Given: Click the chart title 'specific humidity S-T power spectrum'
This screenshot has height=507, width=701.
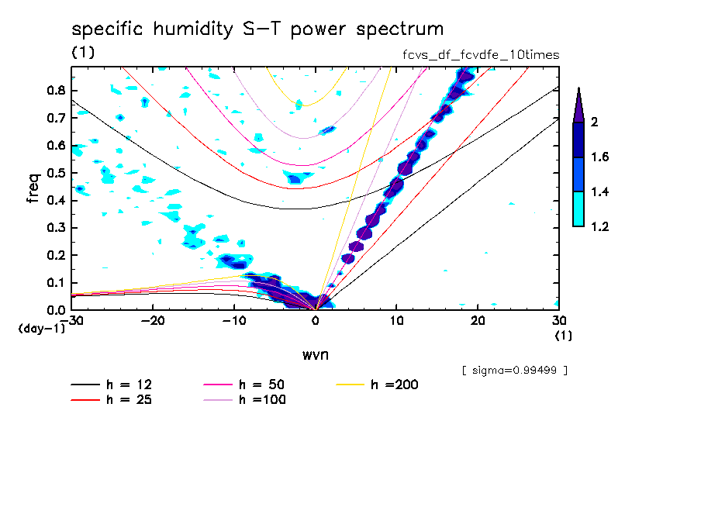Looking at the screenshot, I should pyautogui.click(x=257, y=30).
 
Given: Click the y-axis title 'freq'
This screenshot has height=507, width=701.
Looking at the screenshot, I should pyautogui.click(x=33, y=188).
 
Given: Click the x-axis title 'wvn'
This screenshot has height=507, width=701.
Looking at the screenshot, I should pyautogui.click(x=314, y=354).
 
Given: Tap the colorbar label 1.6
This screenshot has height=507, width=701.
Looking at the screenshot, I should pyautogui.click(x=601, y=157).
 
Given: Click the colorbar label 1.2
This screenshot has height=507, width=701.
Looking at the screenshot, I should pyautogui.click(x=601, y=227).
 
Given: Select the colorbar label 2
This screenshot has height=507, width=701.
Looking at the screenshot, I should pyautogui.click(x=595, y=122).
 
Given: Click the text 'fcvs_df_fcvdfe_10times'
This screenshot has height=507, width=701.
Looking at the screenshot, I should pyautogui.click(x=476, y=55).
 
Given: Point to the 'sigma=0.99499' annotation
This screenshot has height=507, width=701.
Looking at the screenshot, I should pyautogui.click(x=515, y=371).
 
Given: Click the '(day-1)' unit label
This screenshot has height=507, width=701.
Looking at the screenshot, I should pyautogui.click(x=42, y=329).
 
